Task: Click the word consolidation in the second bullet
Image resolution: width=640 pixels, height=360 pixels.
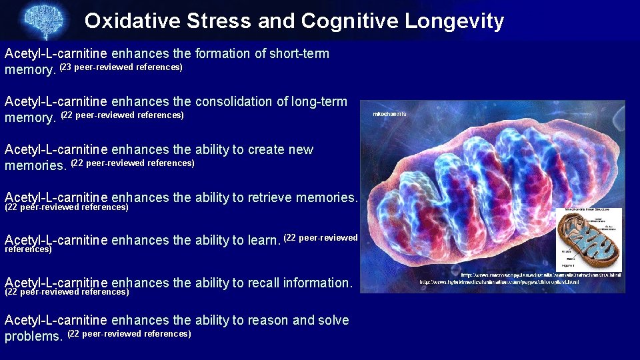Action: [234, 101]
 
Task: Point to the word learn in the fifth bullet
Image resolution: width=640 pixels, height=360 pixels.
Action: [262, 240]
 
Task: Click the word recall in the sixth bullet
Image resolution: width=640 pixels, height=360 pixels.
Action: [264, 283]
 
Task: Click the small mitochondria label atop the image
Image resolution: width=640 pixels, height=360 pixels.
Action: [389, 115]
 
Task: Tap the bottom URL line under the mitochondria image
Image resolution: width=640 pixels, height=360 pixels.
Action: [499, 282]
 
